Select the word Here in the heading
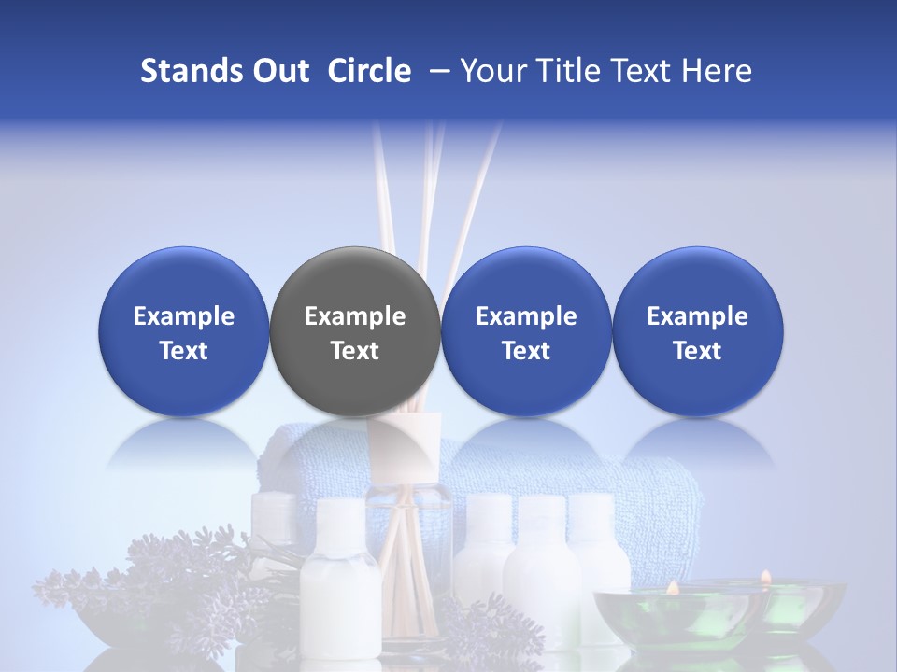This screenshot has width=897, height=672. click(717, 71)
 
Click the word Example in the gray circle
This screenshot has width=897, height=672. click(355, 316)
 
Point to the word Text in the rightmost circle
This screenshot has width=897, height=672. click(697, 351)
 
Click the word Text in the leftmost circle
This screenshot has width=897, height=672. click(183, 351)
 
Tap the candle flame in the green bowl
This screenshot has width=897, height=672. click(671, 588)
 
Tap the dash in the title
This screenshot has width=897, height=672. click(435, 71)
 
